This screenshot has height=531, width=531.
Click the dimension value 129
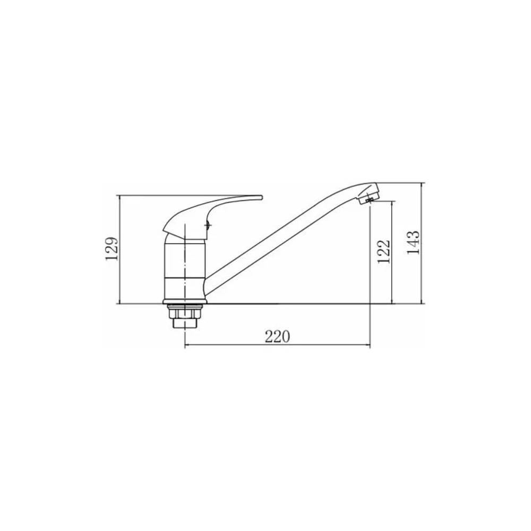[112, 249]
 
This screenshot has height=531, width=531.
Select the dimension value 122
[384, 252]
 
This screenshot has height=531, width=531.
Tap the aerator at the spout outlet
[367, 200]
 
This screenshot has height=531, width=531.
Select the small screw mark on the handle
[208, 224]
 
